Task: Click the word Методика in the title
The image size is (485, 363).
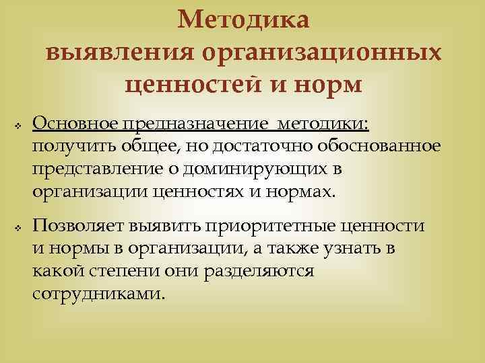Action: pyautogui.click(x=244, y=20)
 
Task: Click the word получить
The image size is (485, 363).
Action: pyautogui.click(x=66, y=147)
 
